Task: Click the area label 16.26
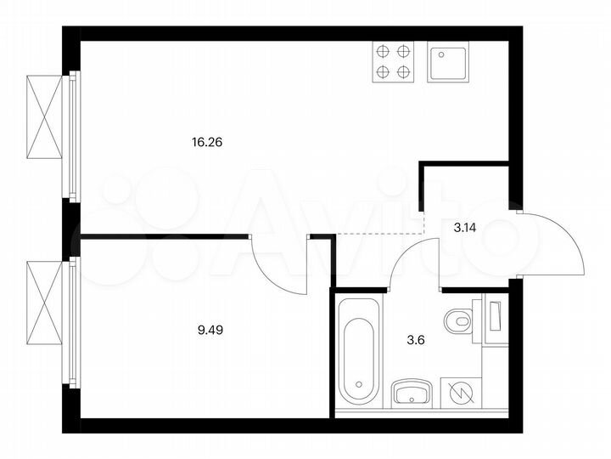coord(208,142)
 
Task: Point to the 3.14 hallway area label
coord(465,227)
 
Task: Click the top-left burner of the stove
coord(382,52)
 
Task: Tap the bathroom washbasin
coord(412,394)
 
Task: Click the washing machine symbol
coord(460,394)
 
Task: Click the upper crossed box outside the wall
coord(44,116)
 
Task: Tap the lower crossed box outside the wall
coord(44,302)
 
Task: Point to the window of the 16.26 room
coord(73,136)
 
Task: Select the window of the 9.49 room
coord(73,322)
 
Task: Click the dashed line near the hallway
coord(382,233)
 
